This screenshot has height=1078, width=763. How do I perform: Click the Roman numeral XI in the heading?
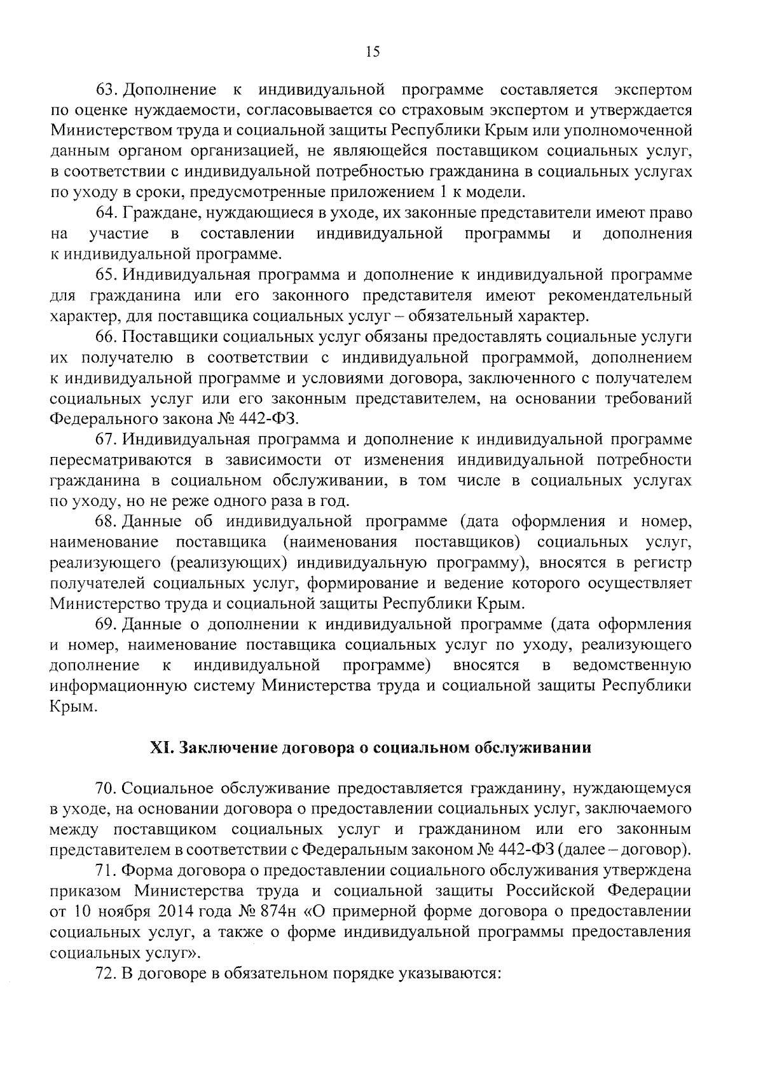coord(158,747)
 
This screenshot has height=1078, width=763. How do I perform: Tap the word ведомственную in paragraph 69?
coord(632,666)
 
